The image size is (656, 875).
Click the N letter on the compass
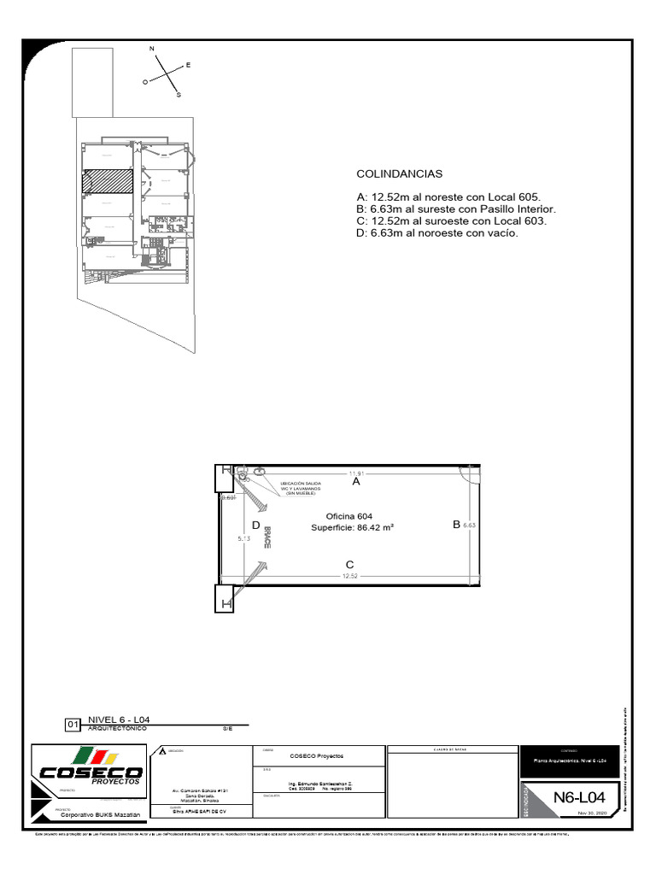click(x=153, y=50)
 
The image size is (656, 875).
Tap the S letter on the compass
click(x=179, y=96)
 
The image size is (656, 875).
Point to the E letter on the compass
click(x=189, y=65)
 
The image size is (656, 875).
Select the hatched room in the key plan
click(x=108, y=182)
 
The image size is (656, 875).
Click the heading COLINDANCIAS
click(x=399, y=174)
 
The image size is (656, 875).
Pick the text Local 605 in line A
click(x=512, y=197)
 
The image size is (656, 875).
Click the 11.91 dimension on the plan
click(x=356, y=473)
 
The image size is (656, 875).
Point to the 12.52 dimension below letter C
click(x=349, y=577)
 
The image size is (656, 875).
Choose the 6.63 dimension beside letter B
click(x=469, y=526)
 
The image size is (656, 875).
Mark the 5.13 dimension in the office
click(x=244, y=538)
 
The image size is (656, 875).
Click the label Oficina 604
click(x=349, y=516)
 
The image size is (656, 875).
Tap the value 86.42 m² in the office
click(x=375, y=528)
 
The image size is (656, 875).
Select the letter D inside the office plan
click(x=255, y=526)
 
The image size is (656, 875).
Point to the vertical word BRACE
click(x=267, y=536)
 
